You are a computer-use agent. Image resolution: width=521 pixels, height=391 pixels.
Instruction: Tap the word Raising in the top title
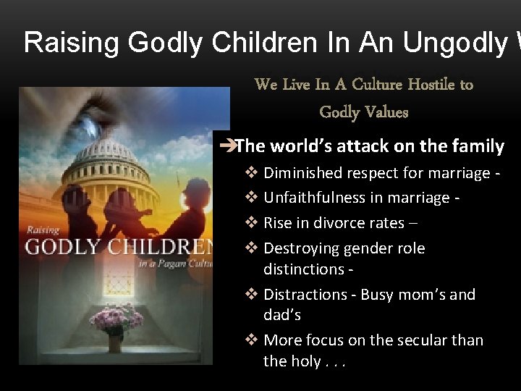click(72, 43)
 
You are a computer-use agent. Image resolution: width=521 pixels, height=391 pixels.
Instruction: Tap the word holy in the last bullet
click(307, 361)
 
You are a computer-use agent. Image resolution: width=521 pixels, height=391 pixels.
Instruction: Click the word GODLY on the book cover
click(64, 246)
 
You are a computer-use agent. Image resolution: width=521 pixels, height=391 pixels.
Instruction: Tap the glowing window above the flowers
click(116, 282)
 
